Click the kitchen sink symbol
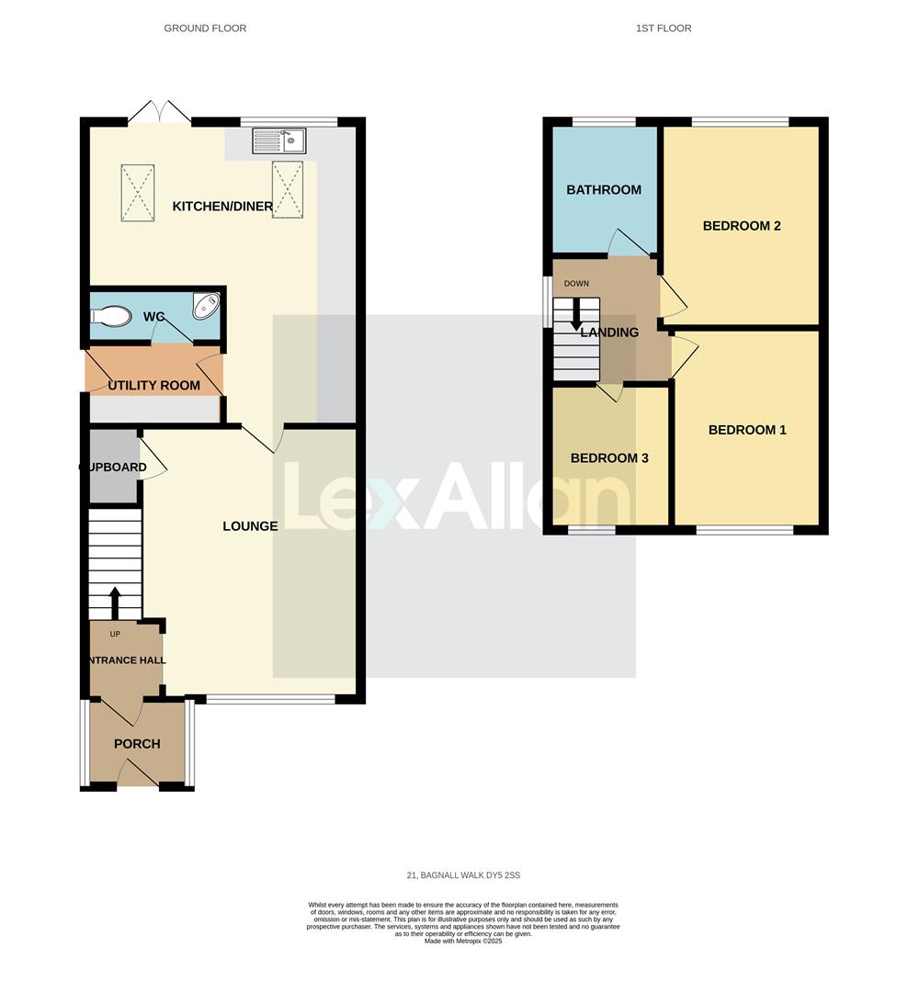tap(278, 141)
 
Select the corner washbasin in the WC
tap(207, 306)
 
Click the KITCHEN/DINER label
tap(222, 207)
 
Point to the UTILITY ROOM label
tap(153, 385)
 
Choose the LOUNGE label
tap(250, 526)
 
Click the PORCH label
tap(137, 744)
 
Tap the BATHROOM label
tap(604, 190)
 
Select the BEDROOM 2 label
tap(742, 225)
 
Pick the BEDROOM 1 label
tap(747, 430)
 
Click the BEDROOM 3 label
tap(609, 458)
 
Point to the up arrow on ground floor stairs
tap(115, 603)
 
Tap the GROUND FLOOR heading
tap(205, 28)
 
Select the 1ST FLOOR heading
tap(664, 28)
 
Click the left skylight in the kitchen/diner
tap(137, 192)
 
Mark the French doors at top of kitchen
tap(160, 113)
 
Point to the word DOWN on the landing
tap(576, 283)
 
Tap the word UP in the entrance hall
tap(114, 634)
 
